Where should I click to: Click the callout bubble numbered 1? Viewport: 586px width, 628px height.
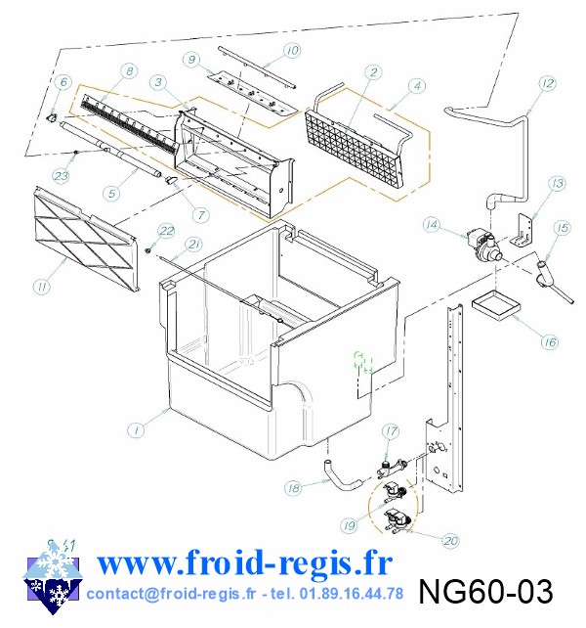click(x=136, y=430)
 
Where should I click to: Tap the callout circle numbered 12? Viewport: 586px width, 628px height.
click(x=547, y=83)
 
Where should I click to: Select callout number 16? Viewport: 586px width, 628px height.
click(x=550, y=341)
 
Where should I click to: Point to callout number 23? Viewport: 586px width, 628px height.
click(x=61, y=176)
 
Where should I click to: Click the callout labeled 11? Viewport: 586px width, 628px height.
click(x=42, y=286)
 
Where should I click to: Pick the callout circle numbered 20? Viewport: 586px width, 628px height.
click(x=450, y=541)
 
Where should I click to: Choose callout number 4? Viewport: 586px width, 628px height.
click(x=417, y=86)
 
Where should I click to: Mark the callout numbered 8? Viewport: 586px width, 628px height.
click(x=129, y=71)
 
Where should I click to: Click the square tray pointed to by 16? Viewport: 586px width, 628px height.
click(x=497, y=306)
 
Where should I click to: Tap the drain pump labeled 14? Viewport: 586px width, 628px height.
click(x=482, y=244)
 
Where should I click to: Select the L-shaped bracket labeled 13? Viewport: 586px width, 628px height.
click(x=523, y=230)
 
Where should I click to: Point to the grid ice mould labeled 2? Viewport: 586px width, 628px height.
click(x=354, y=151)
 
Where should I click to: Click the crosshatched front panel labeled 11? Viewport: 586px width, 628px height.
click(x=86, y=239)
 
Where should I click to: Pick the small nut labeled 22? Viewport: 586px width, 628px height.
click(x=147, y=251)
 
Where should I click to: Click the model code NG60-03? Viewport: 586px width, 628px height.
click(x=485, y=591)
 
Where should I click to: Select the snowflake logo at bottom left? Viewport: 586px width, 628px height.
click(x=53, y=577)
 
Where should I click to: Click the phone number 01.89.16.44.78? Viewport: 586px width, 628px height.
click(x=352, y=593)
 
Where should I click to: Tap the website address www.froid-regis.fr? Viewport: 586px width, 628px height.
click(x=244, y=562)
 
